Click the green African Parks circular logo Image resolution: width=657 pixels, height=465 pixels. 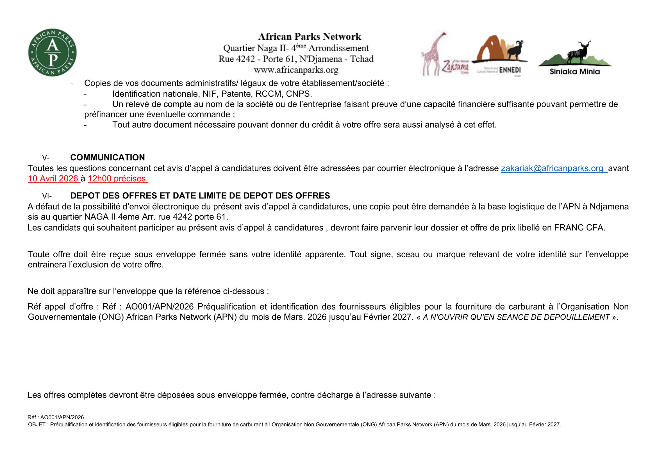click(52, 53)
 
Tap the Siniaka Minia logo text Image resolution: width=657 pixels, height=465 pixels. click(575, 72)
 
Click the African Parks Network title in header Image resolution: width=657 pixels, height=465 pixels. click(310, 37)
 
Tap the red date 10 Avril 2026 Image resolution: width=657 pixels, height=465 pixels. click(53, 179)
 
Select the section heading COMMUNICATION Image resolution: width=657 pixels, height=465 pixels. click(107, 157)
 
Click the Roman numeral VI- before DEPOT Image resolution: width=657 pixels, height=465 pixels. click(47, 196)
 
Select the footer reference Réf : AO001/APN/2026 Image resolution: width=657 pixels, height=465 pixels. click(56, 417)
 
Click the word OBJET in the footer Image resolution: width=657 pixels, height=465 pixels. click(37, 425)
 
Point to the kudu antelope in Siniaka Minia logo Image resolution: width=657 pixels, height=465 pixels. click(578, 53)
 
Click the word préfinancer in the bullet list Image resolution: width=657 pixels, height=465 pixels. click(105, 114)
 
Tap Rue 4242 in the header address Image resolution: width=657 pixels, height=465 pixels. click(236, 59)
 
